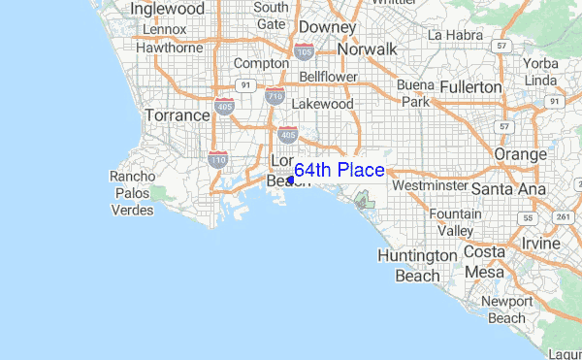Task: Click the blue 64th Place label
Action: [339, 171]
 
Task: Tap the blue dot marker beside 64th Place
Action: [291, 180]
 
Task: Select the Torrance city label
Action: [178, 115]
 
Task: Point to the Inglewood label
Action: [169, 9]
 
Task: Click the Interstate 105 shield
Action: [304, 50]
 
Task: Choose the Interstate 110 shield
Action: [218, 158]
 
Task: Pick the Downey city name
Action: [327, 27]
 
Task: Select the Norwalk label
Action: [367, 49]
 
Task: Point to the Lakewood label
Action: [322, 103]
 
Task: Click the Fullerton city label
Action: [470, 87]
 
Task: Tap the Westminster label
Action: [425, 184]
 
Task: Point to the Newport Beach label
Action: [507, 310]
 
